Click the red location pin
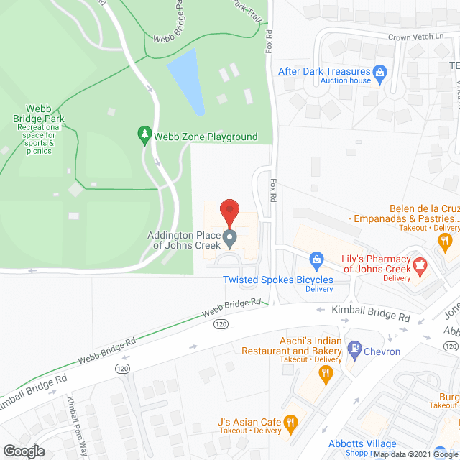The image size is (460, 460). point(229,211)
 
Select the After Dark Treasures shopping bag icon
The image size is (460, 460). point(380,72)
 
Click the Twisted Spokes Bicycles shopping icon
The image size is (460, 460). point(315,259)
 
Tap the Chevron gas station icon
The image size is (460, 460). point(353,351)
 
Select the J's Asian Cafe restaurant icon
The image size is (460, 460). point(290,422)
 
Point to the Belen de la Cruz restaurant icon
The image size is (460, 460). point(446,241)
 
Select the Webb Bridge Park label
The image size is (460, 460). point(39,119)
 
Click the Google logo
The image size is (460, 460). point(23,451)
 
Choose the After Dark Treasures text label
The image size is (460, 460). point(325,72)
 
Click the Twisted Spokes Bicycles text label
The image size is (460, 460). point(277,280)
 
